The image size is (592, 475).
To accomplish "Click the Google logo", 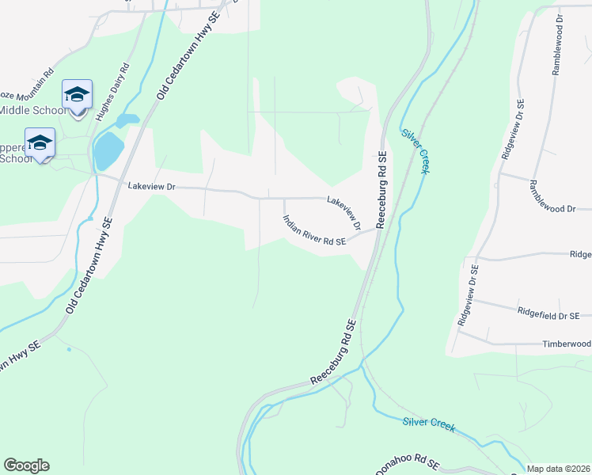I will [x=26, y=465].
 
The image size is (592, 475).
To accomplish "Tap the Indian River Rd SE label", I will [x=314, y=231].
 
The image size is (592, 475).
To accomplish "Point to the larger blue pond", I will [x=108, y=150].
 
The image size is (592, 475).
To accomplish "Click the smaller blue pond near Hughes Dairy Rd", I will [x=127, y=121].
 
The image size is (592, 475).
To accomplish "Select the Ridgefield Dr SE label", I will [x=548, y=314].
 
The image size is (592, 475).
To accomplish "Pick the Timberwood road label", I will [x=566, y=344].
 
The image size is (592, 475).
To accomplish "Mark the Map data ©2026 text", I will [x=559, y=469].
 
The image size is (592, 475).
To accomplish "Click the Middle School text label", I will [x=33, y=110].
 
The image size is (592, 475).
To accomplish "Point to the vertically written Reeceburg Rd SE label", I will [x=381, y=190].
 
